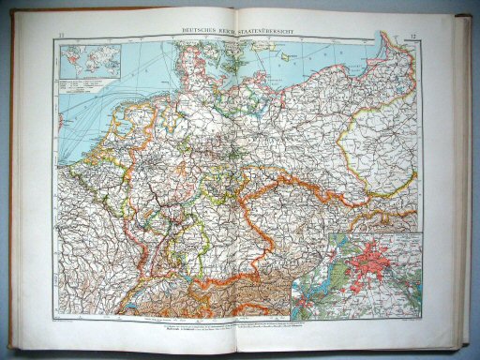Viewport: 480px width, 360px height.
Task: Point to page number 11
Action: (62, 35)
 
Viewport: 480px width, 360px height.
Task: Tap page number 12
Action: (413, 35)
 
